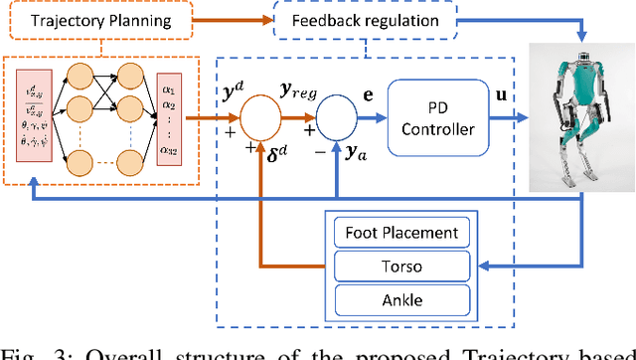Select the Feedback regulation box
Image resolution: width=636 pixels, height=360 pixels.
pyautogui.click(x=366, y=21)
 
